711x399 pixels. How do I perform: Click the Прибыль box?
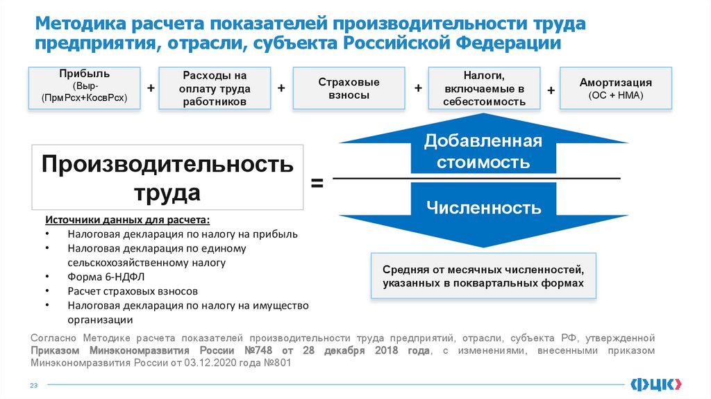click(x=84, y=88)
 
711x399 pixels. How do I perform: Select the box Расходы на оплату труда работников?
click(x=215, y=88)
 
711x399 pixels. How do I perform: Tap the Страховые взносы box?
click(x=349, y=88)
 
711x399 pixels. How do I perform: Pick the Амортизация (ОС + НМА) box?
click(x=615, y=88)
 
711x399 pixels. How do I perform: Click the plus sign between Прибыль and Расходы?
click(x=149, y=88)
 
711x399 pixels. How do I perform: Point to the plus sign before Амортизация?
click(x=551, y=90)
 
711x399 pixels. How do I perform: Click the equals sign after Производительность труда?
click(x=317, y=184)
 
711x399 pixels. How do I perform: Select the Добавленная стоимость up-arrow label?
click(x=483, y=152)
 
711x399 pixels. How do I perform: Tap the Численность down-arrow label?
click(x=483, y=207)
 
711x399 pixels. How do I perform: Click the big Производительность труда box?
click(x=167, y=177)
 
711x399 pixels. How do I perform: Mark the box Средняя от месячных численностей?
click(x=483, y=276)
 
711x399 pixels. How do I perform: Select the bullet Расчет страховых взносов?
click(x=133, y=291)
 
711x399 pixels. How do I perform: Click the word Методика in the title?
click(x=78, y=24)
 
